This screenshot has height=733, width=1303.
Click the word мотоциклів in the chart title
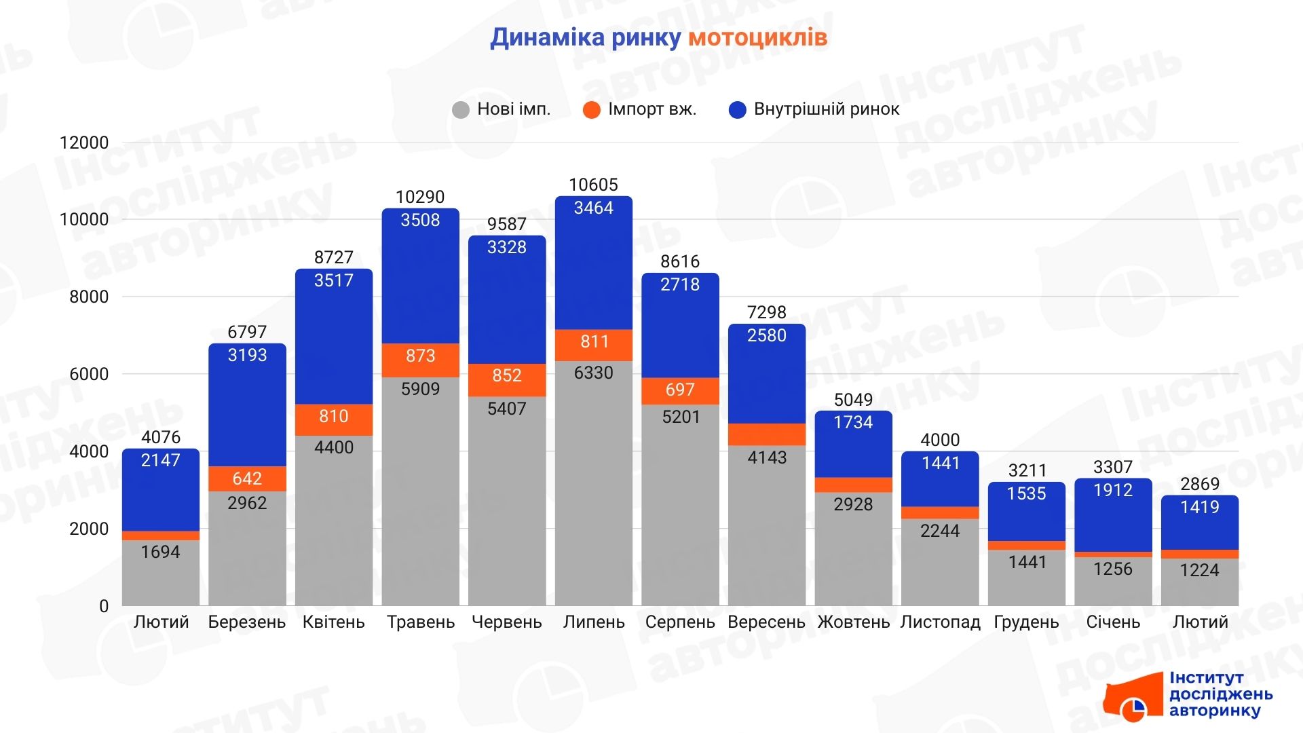(757, 38)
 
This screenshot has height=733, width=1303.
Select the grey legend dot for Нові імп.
(461, 110)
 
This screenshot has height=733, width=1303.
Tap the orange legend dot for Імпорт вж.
(592, 110)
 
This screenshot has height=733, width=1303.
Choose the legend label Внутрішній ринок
(826, 109)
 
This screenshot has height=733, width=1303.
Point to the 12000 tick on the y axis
(84, 143)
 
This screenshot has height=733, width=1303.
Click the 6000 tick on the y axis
(88, 374)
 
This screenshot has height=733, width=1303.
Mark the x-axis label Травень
(420, 622)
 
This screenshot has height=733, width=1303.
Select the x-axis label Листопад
(940, 622)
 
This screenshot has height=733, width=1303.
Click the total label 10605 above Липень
(593, 185)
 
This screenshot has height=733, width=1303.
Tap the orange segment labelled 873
(420, 356)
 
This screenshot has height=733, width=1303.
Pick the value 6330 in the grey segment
(593, 373)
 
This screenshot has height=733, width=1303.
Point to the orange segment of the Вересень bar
(767, 434)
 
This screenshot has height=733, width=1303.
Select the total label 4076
(161, 437)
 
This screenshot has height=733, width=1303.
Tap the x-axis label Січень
(1113, 622)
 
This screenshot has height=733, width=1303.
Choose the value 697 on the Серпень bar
(680, 390)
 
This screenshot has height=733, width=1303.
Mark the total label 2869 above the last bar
(1199, 484)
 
